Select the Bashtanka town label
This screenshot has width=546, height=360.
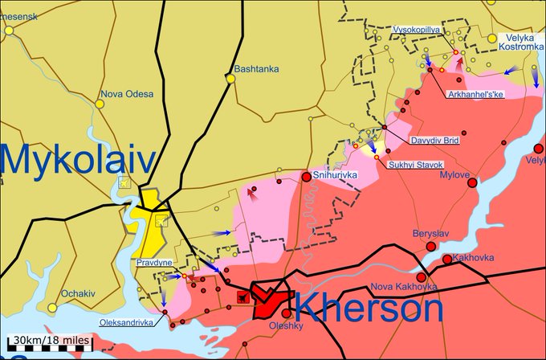click(256, 69)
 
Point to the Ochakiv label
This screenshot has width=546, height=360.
click(80, 294)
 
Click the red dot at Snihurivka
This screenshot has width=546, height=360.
click(306, 177)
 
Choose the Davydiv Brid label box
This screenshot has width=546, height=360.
click(434, 140)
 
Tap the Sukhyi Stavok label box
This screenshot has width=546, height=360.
click(415, 165)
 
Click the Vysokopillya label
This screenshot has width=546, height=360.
click(417, 30)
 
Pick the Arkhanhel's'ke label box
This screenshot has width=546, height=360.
click(475, 95)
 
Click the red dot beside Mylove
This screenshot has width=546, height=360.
click(472, 182)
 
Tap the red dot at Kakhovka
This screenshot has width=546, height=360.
click(447, 259)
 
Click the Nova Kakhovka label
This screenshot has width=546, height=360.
click(403, 287)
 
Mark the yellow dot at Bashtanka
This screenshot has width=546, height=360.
click(230, 78)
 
